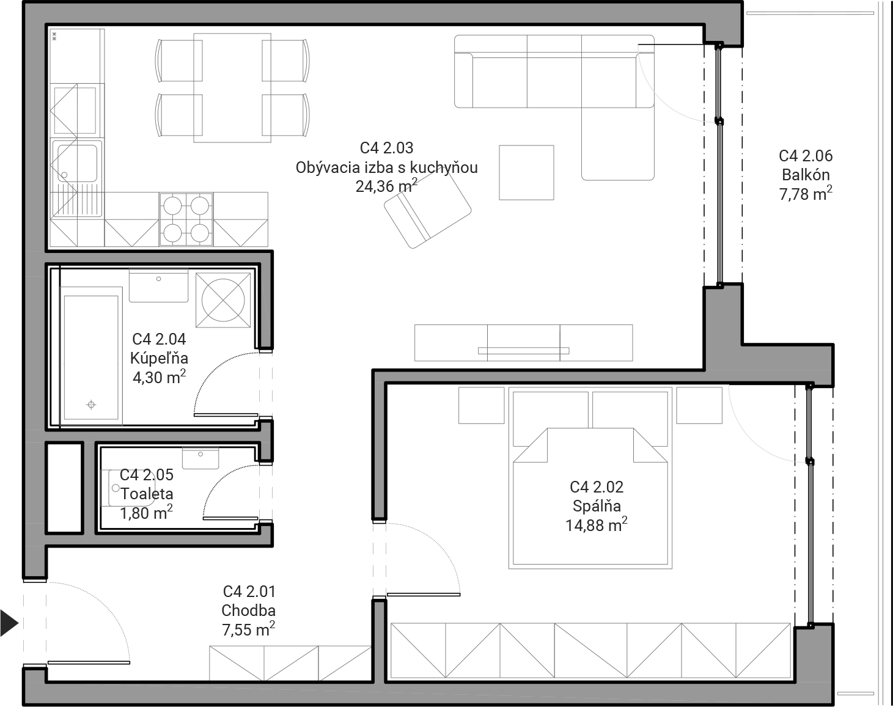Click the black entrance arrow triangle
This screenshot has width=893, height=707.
point(9,623)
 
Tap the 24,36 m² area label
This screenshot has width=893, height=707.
point(386,186)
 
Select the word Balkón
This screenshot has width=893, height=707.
point(806,175)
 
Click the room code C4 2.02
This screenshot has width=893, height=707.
point(597,486)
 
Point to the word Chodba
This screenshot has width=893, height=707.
point(248,610)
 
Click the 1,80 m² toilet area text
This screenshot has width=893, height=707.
point(146,513)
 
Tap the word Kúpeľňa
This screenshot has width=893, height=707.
point(159,357)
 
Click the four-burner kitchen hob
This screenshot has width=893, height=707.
point(186,219)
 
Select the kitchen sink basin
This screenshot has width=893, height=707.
point(77,163)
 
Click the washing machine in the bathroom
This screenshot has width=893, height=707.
point(223,300)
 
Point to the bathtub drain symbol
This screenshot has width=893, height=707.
point(91,405)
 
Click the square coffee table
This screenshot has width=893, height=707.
point(526,172)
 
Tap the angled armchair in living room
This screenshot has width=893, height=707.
point(427,210)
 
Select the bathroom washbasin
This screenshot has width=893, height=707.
point(158,285)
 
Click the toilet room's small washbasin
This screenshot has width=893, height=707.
point(200,458)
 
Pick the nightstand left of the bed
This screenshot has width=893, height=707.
point(482,405)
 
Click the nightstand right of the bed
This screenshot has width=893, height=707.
point(699,405)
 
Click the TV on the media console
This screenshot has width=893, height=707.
point(523,351)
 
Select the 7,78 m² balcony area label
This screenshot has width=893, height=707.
point(806,194)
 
